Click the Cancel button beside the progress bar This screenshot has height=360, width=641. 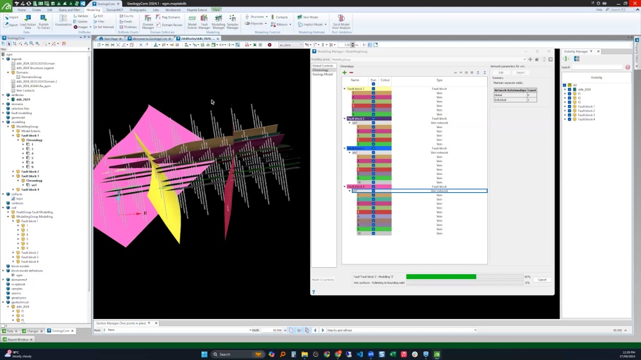pyautogui.click(x=542, y=279)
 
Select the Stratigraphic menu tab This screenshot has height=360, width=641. pyautogui.click(x=138, y=10)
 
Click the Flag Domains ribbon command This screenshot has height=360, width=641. pyautogui.click(x=171, y=17)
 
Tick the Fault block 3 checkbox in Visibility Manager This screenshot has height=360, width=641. pyautogui.click(x=569, y=115)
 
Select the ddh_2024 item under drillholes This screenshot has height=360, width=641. pyautogui.click(x=23, y=99)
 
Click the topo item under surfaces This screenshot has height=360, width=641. pyautogui.click(x=19, y=199)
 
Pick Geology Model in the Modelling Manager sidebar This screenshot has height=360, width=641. pyautogui.click(x=322, y=74)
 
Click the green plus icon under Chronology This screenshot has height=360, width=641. pyautogui.click(x=344, y=72)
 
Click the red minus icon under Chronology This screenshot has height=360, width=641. pyautogui.click(x=351, y=72)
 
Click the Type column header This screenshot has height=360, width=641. pyautogui.click(x=439, y=80)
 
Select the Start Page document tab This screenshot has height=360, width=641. pyautogui.click(x=110, y=38)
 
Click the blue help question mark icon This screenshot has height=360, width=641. pyautogui.click(x=313, y=292)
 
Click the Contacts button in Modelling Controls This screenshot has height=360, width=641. pyautogui.click(x=279, y=17)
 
